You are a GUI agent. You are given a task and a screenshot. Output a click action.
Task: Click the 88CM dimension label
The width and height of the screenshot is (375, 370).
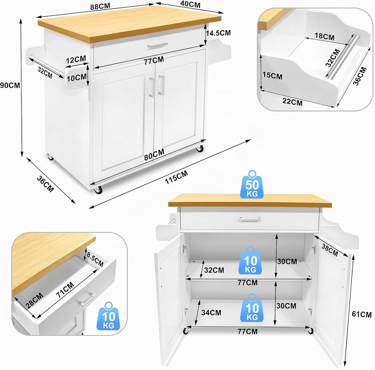pyautogui.click(x=100, y=7)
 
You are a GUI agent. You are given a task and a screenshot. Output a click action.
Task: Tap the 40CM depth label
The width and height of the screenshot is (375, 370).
pyautogui.click(x=190, y=4)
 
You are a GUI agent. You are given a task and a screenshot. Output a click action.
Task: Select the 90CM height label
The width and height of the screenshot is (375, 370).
pyautogui.click(x=10, y=85)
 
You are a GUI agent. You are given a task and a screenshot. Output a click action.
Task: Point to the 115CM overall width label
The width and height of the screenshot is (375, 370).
pyautogui.click(x=176, y=177)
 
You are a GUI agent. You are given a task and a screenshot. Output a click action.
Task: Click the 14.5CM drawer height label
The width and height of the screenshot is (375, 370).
pyautogui.click(x=218, y=33)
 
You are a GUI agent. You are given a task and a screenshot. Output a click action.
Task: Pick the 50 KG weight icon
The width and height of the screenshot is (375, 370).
pyautogui.click(x=252, y=184)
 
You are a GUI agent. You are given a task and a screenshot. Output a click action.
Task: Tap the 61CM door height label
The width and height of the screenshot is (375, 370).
pyautogui.click(x=361, y=314)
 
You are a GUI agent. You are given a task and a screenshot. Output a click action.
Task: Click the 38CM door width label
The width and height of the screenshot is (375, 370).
pyautogui.click(x=330, y=250)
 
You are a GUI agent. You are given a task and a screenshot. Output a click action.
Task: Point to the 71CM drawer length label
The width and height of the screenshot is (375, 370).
pyautogui.click(x=65, y=290)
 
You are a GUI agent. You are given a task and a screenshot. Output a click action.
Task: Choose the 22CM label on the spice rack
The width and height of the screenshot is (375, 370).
pyautogui.click(x=292, y=102)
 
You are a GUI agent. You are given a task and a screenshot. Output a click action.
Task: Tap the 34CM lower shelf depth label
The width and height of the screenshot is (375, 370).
pyautogui.click(x=211, y=312)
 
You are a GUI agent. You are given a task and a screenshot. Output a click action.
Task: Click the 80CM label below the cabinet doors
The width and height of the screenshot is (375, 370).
pyautogui.click(x=154, y=154)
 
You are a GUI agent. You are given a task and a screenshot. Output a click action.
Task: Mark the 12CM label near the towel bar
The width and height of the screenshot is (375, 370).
pyautogui.click(x=76, y=59)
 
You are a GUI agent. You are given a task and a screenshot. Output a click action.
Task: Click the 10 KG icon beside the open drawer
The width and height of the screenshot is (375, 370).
pyautogui.click(x=109, y=316)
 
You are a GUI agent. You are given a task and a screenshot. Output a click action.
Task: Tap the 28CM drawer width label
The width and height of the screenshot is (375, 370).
pyautogui.click(x=34, y=300)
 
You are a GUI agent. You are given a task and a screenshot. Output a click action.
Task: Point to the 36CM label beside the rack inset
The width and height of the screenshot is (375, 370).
pyautogui.click(x=360, y=76)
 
